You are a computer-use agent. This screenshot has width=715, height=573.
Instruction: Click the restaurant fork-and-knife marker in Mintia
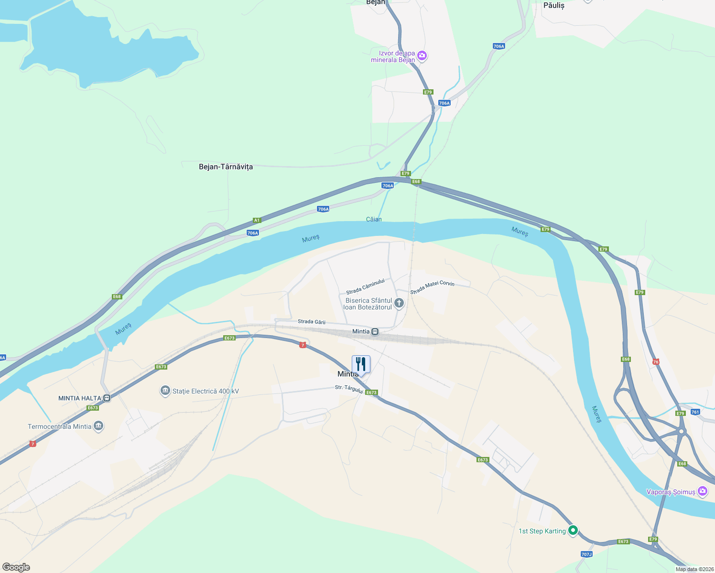(361, 364)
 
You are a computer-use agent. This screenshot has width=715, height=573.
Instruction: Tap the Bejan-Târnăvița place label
(226, 167)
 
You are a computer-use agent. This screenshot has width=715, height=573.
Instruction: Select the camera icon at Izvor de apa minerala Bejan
(422, 56)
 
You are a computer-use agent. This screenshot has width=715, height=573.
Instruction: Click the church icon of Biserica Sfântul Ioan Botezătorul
(399, 303)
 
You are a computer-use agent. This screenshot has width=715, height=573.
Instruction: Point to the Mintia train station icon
(375, 331)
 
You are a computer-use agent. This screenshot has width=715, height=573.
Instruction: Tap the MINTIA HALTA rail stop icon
(107, 398)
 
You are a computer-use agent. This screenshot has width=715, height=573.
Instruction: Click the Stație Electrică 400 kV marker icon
(165, 391)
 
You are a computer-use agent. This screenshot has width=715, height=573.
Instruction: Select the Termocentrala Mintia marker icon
(98, 426)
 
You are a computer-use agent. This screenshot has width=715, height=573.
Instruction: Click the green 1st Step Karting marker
(573, 530)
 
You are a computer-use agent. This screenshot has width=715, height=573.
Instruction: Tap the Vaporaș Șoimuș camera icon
(703, 491)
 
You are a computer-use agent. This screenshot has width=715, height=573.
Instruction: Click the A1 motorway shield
(257, 220)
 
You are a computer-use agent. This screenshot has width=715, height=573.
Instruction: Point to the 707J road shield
(586, 554)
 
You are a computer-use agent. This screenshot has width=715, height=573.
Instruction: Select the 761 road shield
(695, 412)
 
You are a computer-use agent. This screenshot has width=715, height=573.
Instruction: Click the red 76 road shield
(656, 361)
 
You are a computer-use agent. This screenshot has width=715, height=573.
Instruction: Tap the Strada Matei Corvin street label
(432, 287)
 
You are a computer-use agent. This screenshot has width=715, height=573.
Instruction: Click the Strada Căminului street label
(365, 286)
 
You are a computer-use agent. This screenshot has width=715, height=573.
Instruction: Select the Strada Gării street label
(311, 322)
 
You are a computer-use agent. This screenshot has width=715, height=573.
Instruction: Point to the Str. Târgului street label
(349, 389)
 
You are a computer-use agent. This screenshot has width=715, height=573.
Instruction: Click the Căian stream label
(374, 219)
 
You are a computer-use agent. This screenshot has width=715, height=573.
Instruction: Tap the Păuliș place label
(554, 5)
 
